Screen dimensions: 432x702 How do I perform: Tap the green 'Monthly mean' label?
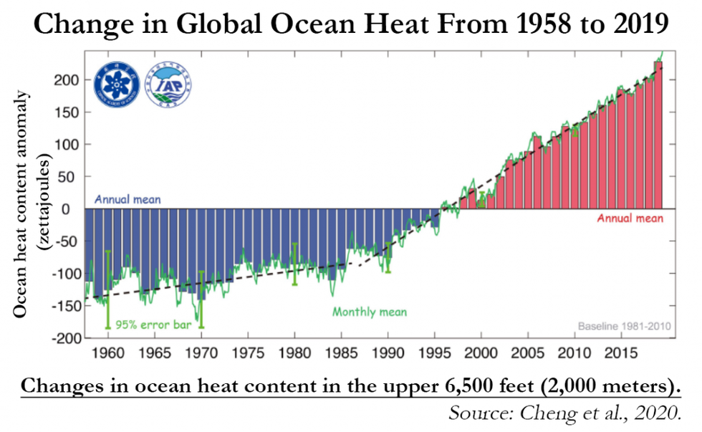[x=369, y=312]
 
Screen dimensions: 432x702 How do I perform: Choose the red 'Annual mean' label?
[x=630, y=219]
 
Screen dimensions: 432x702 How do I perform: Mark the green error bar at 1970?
[x=201, y=299]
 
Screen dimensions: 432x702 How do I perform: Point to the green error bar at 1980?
[x=294, y=264]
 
